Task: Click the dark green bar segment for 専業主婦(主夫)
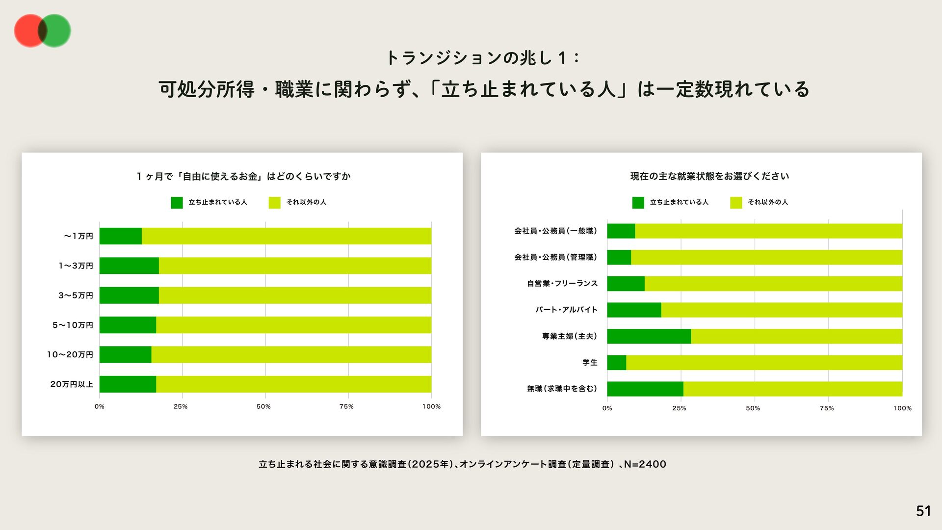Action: point(649,336)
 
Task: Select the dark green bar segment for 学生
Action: point(616,363)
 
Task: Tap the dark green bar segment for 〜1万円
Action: point(120,236)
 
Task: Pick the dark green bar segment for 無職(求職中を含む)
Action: point(645,389)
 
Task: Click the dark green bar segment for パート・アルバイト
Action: point(634,310)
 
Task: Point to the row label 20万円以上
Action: point(72,384)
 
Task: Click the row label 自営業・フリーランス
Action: point(562,284)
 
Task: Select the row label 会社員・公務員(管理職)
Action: point(555,257)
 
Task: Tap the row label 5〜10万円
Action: point(73,325)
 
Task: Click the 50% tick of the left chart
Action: point(263,406)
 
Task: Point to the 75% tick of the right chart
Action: point(827,408)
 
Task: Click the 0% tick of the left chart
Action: point(100,406)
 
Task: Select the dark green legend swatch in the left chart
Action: point(177,202)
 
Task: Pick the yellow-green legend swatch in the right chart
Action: point(736,202)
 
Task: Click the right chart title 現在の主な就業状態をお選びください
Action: point(709,176)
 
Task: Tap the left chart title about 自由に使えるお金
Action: point(243,176)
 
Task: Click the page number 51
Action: point(923,511)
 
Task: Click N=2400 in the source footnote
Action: point(645,464)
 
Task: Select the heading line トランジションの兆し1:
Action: point(483,58)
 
